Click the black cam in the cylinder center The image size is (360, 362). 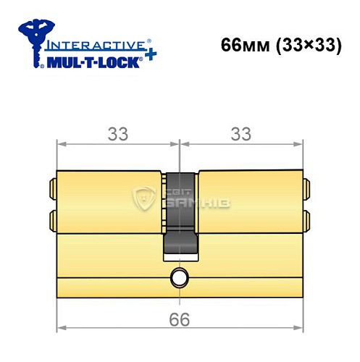pos(178,214)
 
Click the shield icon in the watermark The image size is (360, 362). pos(146,199)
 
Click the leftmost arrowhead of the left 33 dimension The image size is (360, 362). pos(61,144)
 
